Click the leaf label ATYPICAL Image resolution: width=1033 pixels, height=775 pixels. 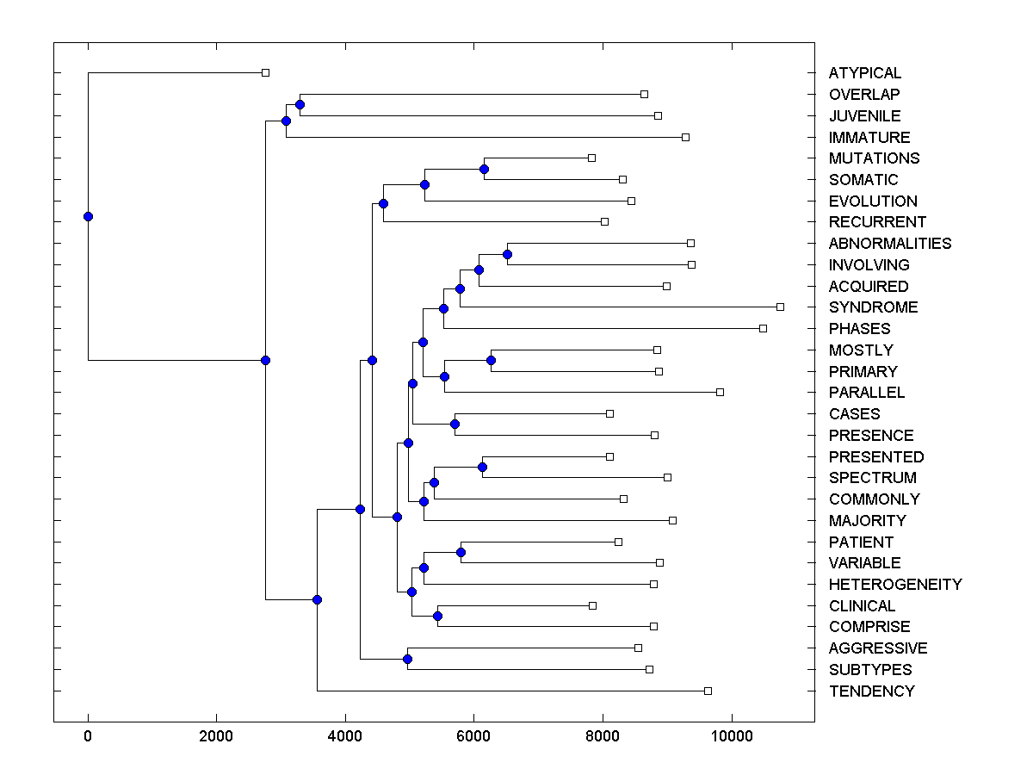point(865,73)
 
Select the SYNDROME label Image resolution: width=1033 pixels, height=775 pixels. point(873,307)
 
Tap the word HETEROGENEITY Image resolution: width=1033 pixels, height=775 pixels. point(895,585)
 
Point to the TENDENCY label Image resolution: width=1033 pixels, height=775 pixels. point(871,691)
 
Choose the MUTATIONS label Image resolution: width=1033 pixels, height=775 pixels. point(874,158)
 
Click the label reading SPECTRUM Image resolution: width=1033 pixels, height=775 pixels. point(872,478)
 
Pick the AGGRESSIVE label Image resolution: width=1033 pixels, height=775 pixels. point(878,648)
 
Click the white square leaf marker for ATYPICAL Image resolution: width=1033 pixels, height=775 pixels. point(265,72)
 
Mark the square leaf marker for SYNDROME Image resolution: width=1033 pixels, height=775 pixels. point(780,307)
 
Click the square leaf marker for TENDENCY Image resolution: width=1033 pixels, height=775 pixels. point(708,691)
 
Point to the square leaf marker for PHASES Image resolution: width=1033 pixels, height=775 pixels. point(763,328)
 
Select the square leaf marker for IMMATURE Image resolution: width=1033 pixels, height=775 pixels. point(685,137)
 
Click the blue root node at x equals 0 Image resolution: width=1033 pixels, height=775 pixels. point(88,216)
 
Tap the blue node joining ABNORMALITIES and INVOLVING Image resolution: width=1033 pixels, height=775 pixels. point(507,254)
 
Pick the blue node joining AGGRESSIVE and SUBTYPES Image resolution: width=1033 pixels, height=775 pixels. point(407,659)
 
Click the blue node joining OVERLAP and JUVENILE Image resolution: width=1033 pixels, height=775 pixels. point(300,104)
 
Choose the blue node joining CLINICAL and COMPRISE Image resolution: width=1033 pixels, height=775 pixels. point(437,616)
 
